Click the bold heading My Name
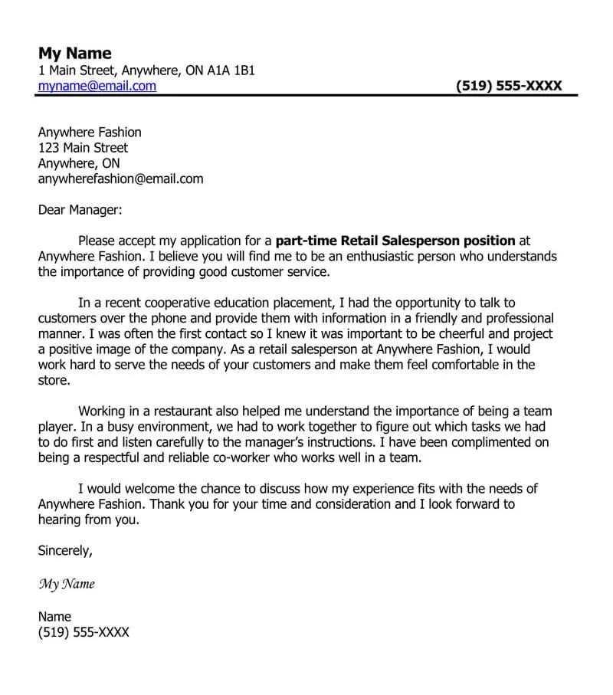[74, 53]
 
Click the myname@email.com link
[97, 86]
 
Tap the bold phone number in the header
[508, 86]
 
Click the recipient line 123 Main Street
[83, 148]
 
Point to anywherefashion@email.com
[120, 179]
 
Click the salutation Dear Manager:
[80, 209]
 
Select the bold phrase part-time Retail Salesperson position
[395, 241]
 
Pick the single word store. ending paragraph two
[54, 380]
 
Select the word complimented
[492, 442]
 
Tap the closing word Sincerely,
[65, 550]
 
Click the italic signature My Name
[67, 584]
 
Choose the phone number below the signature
[84, 632]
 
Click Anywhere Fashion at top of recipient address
[90, 133]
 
